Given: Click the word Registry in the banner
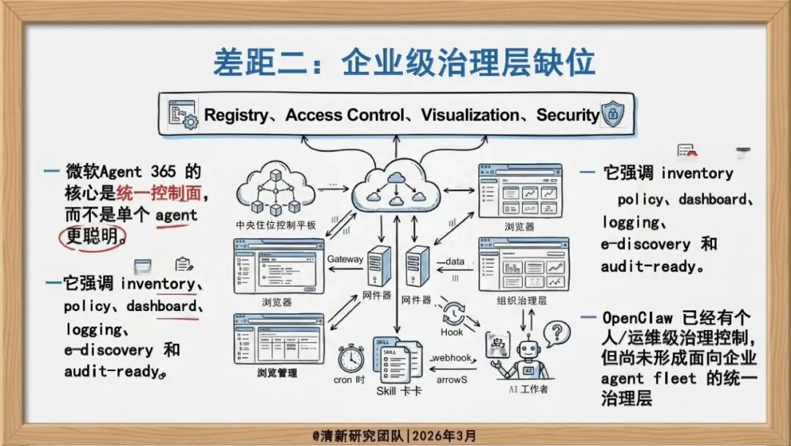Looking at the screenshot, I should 237,115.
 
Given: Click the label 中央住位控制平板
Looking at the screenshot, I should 276,225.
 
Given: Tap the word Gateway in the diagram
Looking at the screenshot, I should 345,259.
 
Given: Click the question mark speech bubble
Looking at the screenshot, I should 560,332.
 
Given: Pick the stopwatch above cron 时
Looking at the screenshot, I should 350,357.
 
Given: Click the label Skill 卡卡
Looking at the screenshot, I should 398,391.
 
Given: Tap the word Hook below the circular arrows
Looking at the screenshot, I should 452,332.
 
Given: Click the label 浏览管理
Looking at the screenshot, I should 277,373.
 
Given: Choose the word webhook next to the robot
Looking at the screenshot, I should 456,357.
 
